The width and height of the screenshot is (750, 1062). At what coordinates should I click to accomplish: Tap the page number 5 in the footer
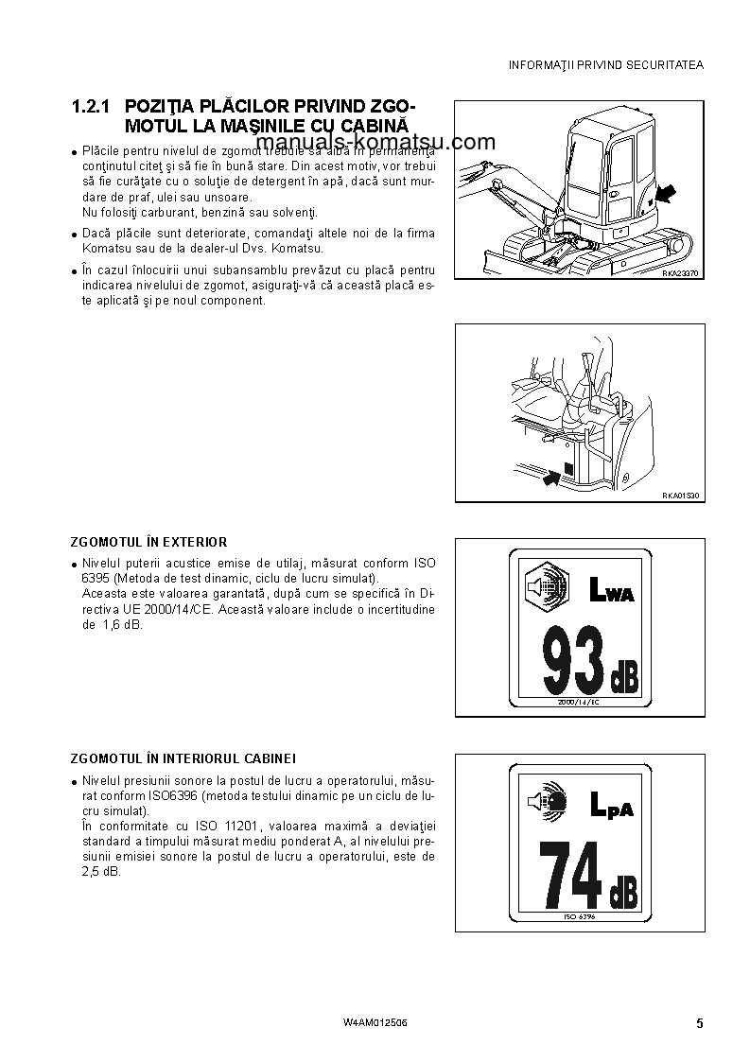click(x=699, y=1023)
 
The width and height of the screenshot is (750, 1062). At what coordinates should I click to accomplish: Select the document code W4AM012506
click(x=375, y=1023)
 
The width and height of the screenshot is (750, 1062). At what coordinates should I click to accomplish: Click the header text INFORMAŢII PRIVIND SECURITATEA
click(x=606, y=65)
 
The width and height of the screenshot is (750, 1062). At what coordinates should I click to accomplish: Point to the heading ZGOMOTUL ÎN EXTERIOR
click(x=148, y=542)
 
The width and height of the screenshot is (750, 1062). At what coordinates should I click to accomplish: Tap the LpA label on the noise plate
click(x=611, y=807)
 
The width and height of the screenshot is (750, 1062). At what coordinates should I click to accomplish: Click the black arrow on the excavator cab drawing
click(x=665, y=195)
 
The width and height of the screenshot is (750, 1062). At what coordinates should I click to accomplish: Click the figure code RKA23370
click(x=678, y=272)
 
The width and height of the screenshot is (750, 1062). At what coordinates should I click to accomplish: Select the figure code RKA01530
click(x=678, y=496)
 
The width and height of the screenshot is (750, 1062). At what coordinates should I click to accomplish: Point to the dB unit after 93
click(x=624, y=678)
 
